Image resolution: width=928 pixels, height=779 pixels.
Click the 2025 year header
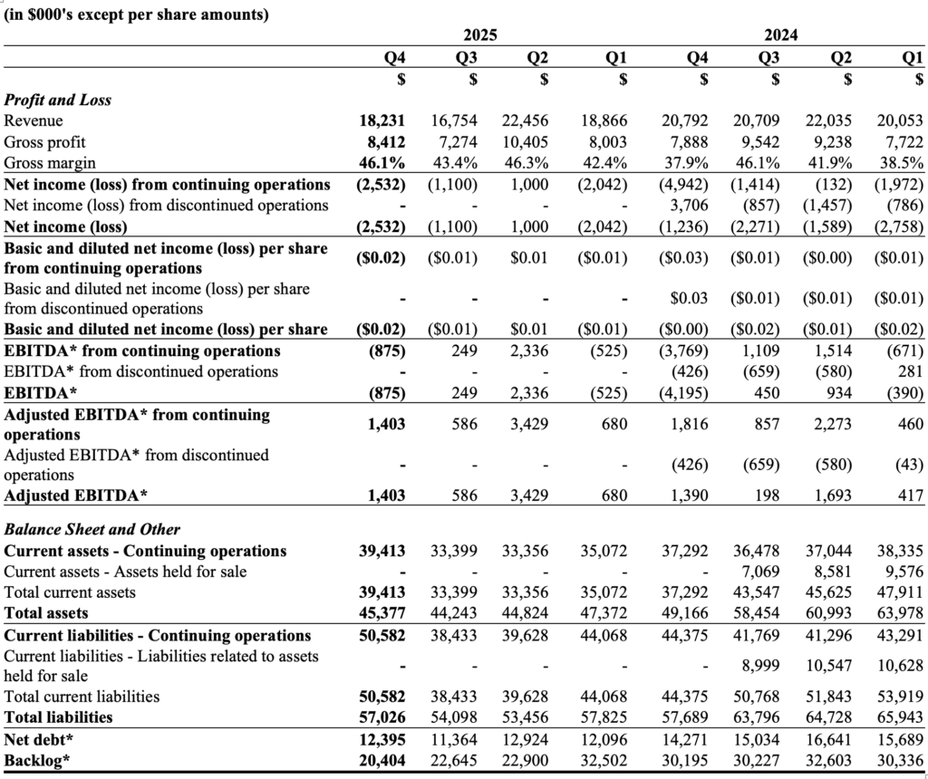(480, 36)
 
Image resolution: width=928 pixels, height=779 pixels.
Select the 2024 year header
(780, 36)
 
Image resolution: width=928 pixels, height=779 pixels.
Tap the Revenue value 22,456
(526, 120)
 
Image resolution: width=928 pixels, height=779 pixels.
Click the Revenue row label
(34, 120)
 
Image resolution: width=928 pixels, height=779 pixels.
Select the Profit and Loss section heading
(58, 100)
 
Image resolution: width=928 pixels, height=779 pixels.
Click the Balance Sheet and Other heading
(92, 529)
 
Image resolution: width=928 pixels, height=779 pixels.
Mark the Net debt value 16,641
(827, 738)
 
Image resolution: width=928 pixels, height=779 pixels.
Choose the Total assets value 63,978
(901, 614)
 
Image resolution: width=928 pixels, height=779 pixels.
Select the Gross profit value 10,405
(526, 142)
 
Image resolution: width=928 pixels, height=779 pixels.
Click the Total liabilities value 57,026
(382, 716)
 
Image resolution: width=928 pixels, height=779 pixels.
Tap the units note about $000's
(137, 14)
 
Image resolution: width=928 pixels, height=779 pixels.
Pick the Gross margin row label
(45, 164)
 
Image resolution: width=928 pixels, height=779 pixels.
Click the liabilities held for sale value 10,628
(901, 665)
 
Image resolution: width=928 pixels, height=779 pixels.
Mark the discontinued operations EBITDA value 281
(910, 371)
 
